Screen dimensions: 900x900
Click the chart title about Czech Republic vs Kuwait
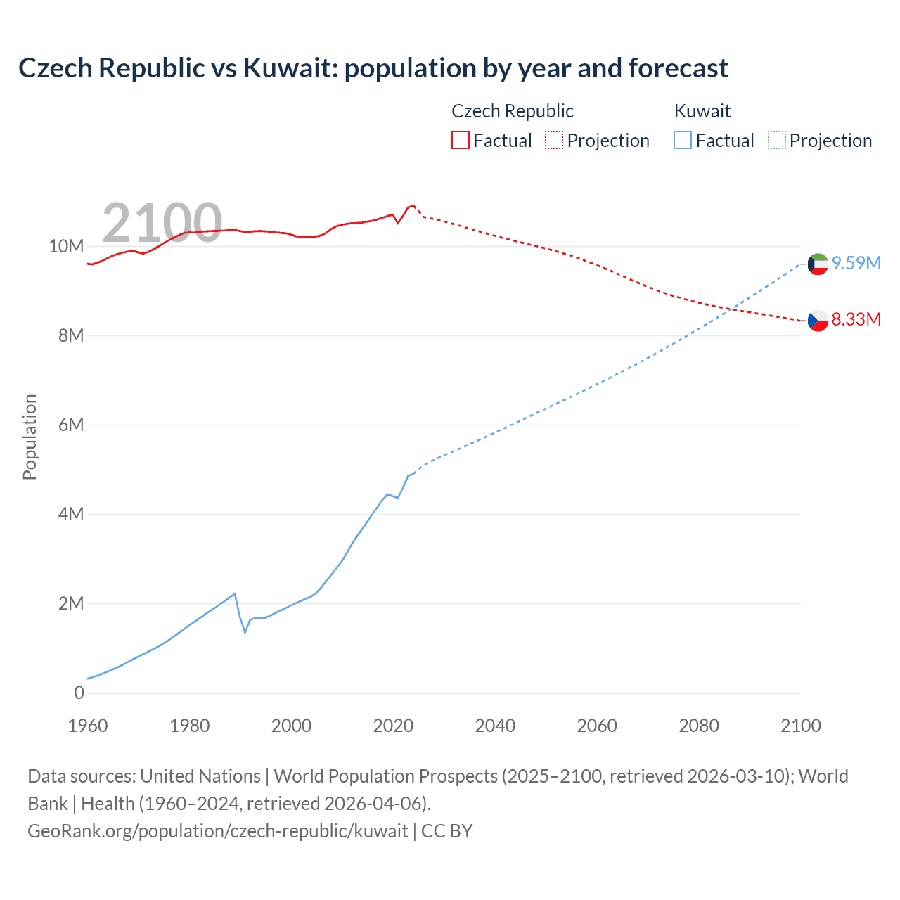coord(373,68)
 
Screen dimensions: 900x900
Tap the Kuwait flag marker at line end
coord(818,264)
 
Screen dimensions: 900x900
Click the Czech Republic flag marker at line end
coord(818,321)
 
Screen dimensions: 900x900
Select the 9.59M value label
coord(856,263)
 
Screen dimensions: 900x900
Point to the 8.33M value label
coord(856,319)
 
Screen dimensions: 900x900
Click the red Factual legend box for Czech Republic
coord(460,141)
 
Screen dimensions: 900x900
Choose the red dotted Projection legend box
coord(554,141)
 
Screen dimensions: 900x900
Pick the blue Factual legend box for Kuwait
coord(682,141)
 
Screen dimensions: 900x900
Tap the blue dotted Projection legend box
coord(776,141)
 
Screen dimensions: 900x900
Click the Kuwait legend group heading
coord(702,111)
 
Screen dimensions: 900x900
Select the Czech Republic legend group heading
coord(512,111)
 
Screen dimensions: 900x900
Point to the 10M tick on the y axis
coord(66,246)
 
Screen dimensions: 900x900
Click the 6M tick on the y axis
coord(71,425)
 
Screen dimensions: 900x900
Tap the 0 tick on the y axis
coord(79,693)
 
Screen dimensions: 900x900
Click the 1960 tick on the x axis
coord(88,726)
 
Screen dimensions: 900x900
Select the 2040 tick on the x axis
coord(495,726)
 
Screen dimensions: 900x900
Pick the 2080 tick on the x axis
coord(699,726)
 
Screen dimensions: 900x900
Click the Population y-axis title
coord(30,437)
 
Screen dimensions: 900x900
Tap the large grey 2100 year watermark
coord(162,223)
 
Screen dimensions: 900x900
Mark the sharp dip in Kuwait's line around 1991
coord(245,631)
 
